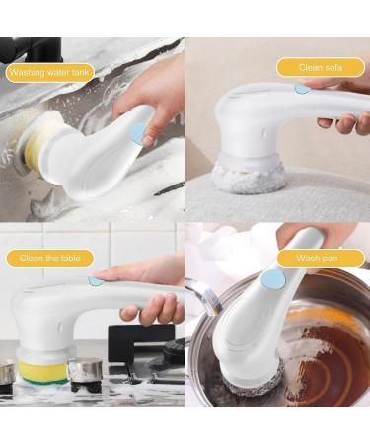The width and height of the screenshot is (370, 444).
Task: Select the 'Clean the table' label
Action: (x=49, y=259)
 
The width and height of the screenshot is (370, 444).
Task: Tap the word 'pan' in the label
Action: (x=331, y=259)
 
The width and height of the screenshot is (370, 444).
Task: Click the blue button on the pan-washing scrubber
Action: (x=268, y=280)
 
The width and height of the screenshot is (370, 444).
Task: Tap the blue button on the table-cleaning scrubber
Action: (x=95, y=280)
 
